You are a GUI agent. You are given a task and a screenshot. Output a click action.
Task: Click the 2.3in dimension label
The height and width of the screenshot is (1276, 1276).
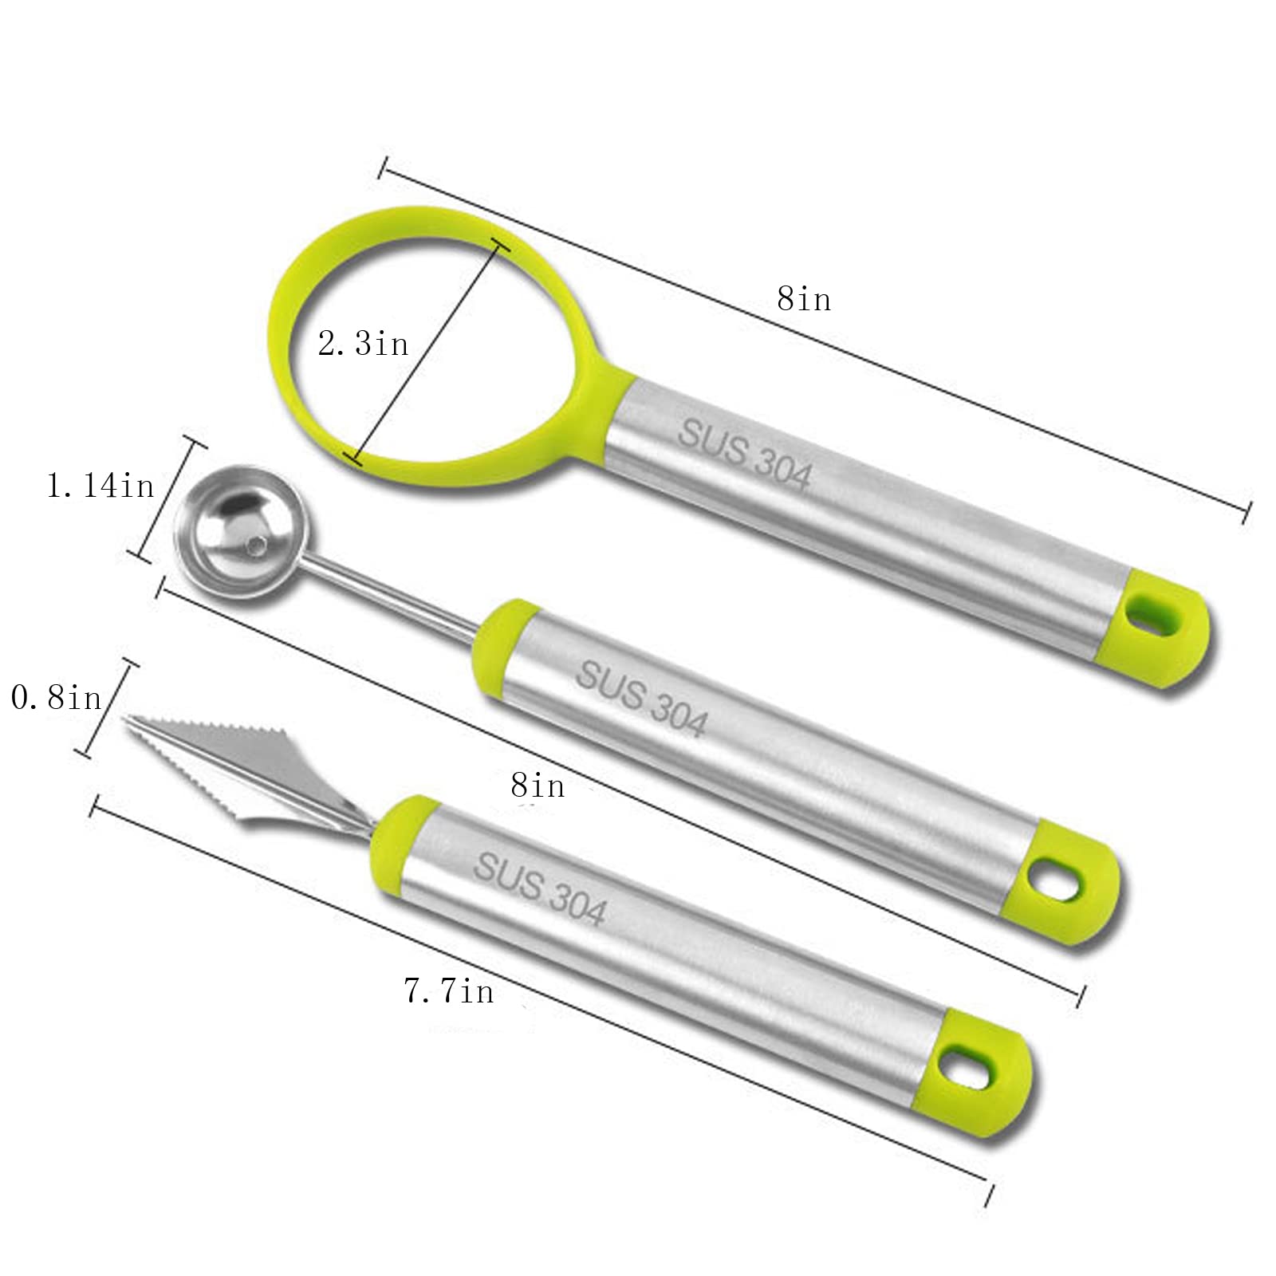click(x=363, y=344)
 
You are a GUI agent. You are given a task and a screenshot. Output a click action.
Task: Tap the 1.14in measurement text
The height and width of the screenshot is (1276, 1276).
click(x=100, y=485)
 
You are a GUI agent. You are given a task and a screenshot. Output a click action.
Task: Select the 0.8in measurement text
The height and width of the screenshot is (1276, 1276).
click(x=57, y=698)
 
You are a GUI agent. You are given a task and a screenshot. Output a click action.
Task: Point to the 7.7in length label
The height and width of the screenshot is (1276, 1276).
click(x=449, y=990)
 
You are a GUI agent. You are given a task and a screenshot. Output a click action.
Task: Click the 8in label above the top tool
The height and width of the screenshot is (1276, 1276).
click(x=804, y=299)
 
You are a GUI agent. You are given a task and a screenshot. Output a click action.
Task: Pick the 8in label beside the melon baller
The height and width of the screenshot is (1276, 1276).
click(x=538, y=786)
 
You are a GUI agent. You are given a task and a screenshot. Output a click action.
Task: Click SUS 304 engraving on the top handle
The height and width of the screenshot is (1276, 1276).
click(x=744, y=456)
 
